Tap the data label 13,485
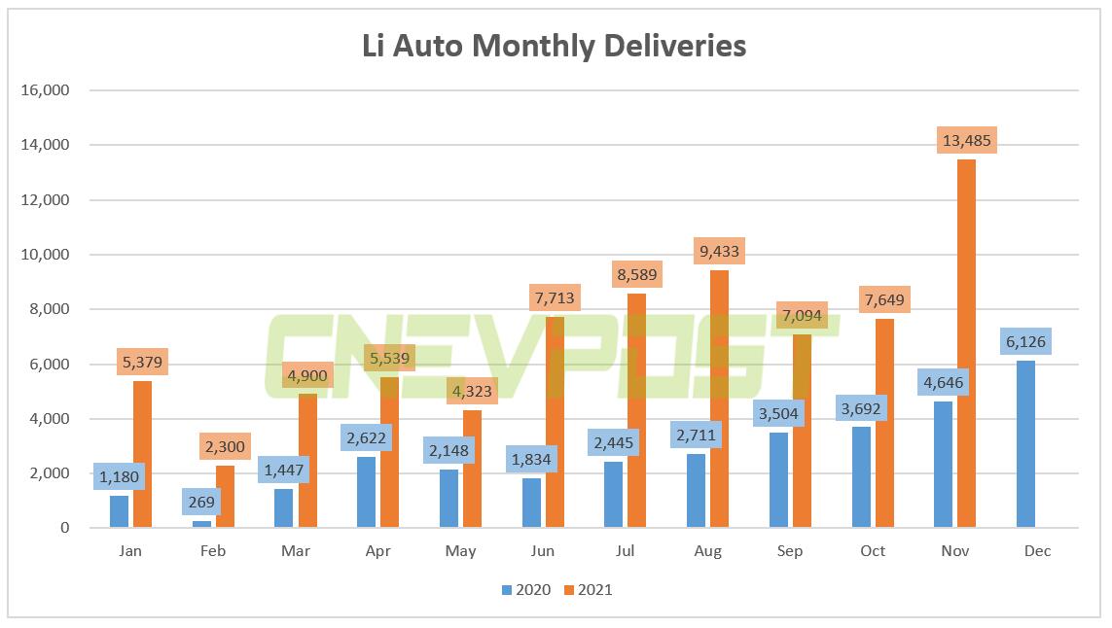pos(966,141)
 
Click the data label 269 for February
pos(201,502)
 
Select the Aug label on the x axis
pos(707,551)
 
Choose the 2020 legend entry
pos(525,589)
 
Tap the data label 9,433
pos(719,251)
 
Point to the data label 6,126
pos(1024,341)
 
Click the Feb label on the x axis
pos(212,551)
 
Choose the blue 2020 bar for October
pos(861,477)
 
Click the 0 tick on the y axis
pos(63,528)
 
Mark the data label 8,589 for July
pos(636,274)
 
